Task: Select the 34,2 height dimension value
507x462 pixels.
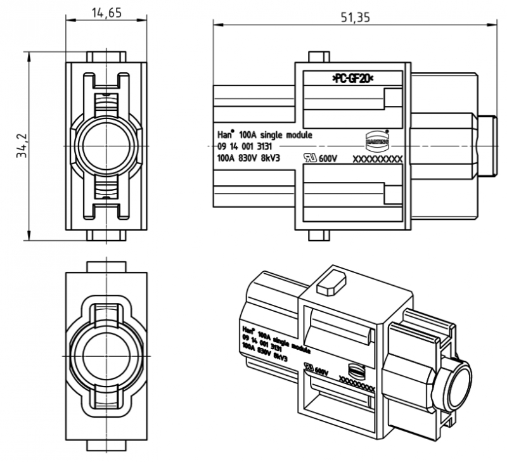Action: pos(18,146)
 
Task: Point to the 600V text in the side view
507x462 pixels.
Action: pos(329,159)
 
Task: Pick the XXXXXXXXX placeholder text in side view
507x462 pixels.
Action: pos(378,160)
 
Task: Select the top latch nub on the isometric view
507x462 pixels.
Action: pos(330,281)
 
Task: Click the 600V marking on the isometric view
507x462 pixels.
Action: pos(320,371)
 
